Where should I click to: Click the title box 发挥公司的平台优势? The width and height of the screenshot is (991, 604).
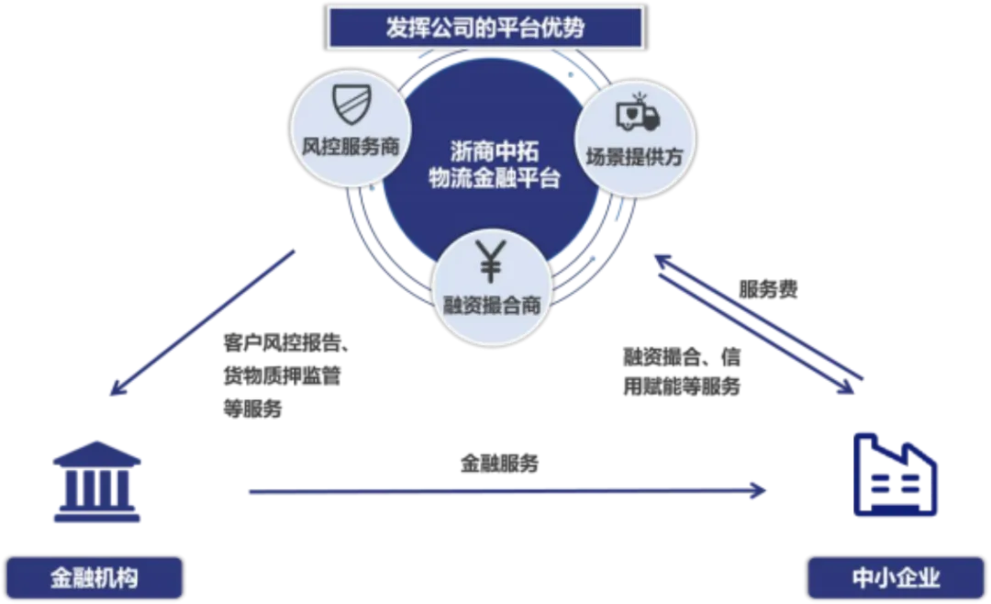point(485,28)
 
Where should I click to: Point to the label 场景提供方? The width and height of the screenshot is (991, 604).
point(635,156)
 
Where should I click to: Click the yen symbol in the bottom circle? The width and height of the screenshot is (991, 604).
point(492,262)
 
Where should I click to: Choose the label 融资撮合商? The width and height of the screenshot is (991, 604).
point(492,306)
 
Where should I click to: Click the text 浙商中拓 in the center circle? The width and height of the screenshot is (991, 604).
point(495,150)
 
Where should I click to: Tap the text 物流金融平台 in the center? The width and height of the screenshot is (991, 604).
point(495,178)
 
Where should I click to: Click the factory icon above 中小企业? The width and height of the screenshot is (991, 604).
point(894,475)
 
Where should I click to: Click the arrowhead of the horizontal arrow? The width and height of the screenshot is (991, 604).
point(759,491)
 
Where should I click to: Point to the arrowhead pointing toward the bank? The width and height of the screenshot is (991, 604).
point(115,393)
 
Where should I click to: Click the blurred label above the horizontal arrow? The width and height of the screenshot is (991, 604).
point(499,465)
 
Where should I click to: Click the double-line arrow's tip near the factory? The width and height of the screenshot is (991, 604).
point(858,384)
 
